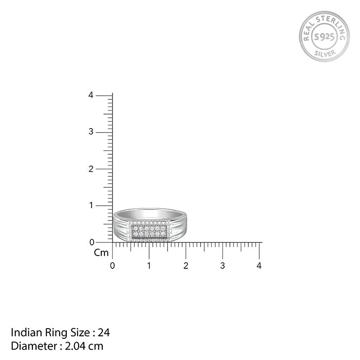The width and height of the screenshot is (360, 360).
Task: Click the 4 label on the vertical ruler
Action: coord(91,95)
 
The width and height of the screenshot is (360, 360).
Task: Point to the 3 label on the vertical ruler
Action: coord(91,132)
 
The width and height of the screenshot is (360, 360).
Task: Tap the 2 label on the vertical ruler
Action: coord(91,169)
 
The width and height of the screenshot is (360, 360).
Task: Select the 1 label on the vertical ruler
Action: coord(91,206)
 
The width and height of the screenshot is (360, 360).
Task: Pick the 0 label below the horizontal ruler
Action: coord(113,266)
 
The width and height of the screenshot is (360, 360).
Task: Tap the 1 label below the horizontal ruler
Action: coord(149,266)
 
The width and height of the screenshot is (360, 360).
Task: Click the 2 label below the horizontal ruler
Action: coord(186,266)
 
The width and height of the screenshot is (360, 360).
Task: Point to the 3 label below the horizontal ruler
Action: coord(223,266)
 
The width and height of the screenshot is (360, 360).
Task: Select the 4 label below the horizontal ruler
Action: coord(259,266)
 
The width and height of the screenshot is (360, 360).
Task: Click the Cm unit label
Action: coord(101,253)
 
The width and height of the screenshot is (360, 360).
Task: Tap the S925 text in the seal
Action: coord(324,36)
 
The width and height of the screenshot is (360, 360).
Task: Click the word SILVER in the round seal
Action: coord(324,52)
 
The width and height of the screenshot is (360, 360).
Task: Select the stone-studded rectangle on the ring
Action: coord(149,232)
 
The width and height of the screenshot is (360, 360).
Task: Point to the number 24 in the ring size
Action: coord(104,333)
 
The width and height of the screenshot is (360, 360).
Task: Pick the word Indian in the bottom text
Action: coord(23,333)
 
